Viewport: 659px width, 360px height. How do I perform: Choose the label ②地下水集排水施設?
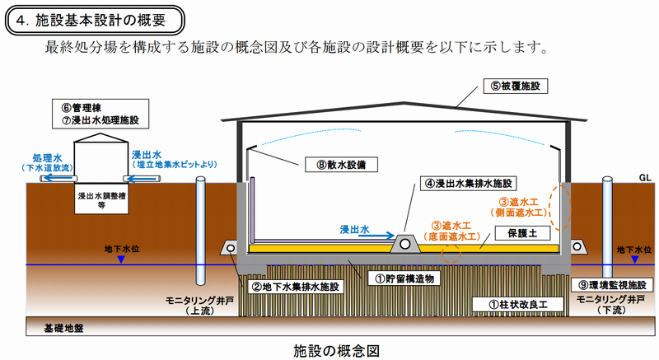[x=294, y=287]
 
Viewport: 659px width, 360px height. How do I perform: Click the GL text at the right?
[x=644, y=177]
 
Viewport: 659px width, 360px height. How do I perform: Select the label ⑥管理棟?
[x=90, y=106]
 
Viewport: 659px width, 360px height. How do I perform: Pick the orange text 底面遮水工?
[x=450, y=236]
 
